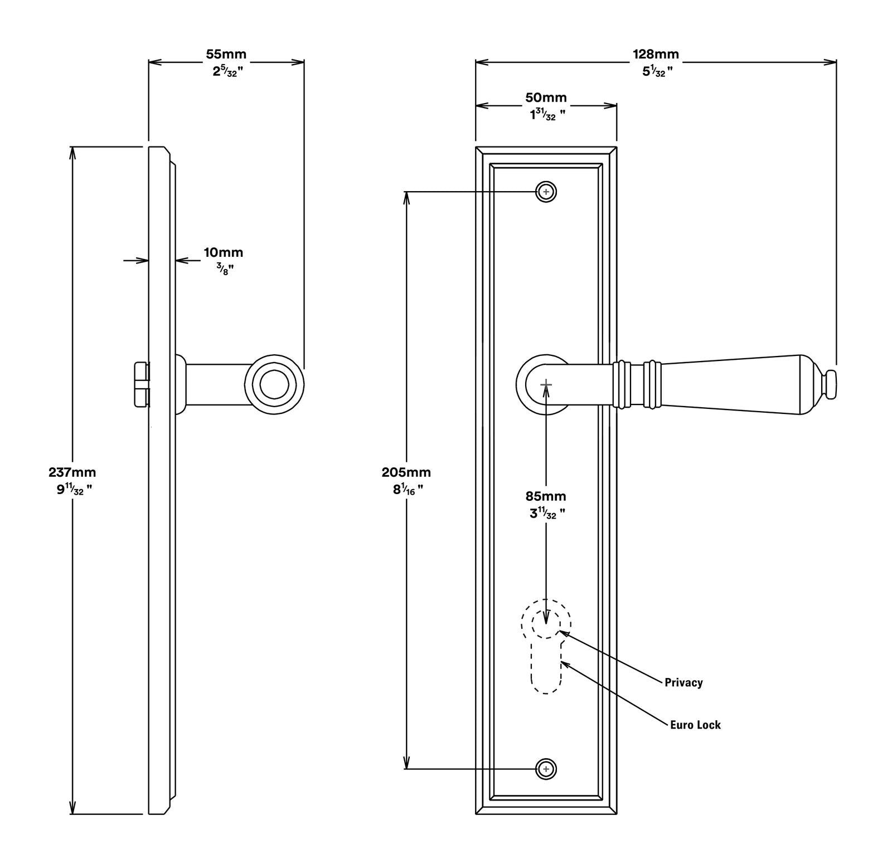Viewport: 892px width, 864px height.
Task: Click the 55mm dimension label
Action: (226, 54)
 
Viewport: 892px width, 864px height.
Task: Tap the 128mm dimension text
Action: (656, 54)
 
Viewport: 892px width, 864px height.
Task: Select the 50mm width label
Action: (546, 97)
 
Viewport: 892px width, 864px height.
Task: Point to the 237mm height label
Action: (72, 472)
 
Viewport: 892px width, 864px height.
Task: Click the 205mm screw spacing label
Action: (406, 472)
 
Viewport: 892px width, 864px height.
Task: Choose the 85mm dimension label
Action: (545, 496)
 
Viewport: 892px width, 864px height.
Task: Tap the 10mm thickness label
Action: (223, 252)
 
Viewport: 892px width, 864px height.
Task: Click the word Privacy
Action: (683, 682)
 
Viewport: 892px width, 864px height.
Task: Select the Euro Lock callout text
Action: (695, 725)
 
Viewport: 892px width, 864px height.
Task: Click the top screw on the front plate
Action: (546, 192)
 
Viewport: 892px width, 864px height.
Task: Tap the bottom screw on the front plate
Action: (546, 769)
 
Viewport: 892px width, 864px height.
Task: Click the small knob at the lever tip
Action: (830, 384)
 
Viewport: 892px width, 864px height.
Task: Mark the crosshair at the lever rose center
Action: (546, 384)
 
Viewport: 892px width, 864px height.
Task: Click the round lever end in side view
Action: (274, 384)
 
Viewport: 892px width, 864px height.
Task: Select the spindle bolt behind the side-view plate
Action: (142, 384)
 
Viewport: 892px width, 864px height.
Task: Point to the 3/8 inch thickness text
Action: (225, 270)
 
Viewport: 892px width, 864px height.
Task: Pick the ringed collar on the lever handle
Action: (637, 384)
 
